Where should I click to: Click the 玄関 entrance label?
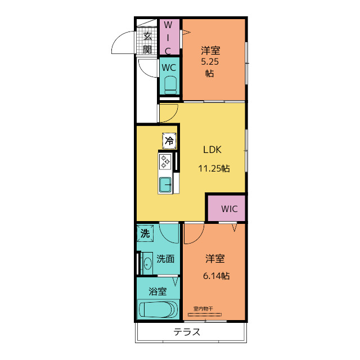[147, 43]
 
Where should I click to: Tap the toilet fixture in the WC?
[170, 85]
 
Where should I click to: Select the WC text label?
[169, 67]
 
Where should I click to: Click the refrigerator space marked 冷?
[169, 141]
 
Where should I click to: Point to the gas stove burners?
[165, 161]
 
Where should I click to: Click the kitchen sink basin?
[165, 184]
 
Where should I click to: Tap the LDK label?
[213, 150]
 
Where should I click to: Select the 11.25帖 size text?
[214, 169]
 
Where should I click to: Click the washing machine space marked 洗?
[145, 233]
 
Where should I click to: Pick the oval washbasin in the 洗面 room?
[147, 263]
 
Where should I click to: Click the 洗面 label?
[165, 259]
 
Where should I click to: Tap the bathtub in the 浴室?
[159, 309]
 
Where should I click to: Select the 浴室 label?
[157, 291]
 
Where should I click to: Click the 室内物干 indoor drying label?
[203, 309]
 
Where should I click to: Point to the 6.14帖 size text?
[216, 276]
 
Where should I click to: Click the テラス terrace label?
[187, 332]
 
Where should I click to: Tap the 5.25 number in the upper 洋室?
[210, 62]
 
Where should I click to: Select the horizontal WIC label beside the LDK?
[229, 209]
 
